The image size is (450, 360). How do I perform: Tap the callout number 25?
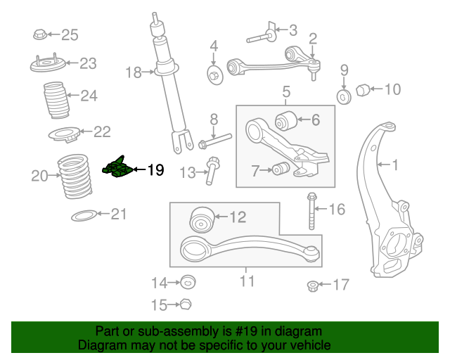click(x=70, y=35)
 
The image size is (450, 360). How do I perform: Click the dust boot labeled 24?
click(x=56, y=101)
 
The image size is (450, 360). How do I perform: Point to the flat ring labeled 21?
click(x=84, y=215)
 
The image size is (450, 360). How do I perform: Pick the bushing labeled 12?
click(x=202, y=219)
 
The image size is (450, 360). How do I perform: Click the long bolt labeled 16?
click(x=311, y=211)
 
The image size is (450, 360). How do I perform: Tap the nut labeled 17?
click(x=312, y=286)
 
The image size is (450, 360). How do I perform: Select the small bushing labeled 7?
click(x=281, y=169)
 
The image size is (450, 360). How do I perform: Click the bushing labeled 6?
click(x=286, y=120)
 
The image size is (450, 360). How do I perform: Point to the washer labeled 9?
click(x=344, y=97)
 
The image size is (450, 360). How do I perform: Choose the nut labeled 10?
click(x=363, y=90)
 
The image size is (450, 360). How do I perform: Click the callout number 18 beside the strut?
click(x=134, y=72)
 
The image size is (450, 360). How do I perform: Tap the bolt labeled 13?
click(x=212, y=171)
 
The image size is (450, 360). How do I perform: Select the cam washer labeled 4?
click(x=215, y=75)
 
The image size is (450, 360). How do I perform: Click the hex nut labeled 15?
click(x=186, y=304)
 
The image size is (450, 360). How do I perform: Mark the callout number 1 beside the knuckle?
click(x=395, y=165)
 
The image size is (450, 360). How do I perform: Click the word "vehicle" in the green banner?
click(x=314, y=345)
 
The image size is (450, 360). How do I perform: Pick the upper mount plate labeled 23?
click(x=48, y=64)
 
